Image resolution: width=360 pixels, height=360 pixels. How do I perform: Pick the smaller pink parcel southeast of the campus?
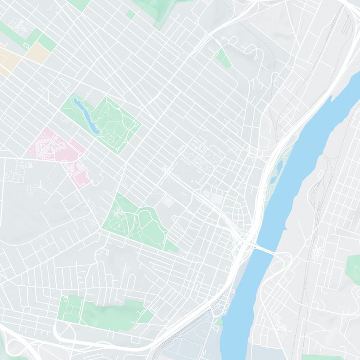80,176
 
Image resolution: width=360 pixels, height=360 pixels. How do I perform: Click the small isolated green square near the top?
131,14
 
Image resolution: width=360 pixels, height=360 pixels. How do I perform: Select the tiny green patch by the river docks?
219,322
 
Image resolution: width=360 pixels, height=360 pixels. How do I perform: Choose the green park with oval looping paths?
135,220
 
